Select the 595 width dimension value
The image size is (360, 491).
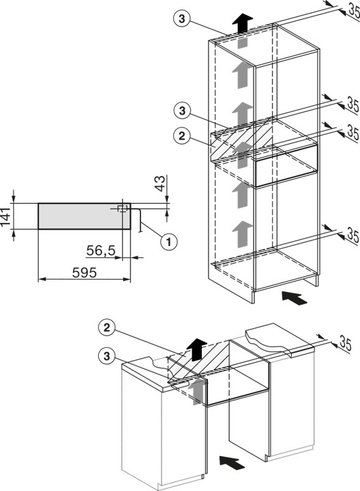(x=85, y=273)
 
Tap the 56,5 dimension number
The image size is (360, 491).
(x=101, y=250)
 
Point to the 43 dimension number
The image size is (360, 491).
(x=160, y=183)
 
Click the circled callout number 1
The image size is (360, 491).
(x=168, y=241)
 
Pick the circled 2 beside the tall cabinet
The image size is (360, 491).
(x=182, y=136)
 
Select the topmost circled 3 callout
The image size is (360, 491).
(x=182, y=19)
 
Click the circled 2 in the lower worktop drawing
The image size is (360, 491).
(x=107, y=328)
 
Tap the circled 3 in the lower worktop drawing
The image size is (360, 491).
(x=107, y=356)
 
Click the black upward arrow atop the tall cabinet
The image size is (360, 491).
(x=242, y=24)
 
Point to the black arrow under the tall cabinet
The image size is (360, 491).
(x=295, y=298)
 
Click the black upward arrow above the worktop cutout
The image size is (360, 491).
(x=196, y=349)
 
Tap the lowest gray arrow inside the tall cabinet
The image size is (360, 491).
(x=242, y=234)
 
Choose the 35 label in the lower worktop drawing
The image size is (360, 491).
(x=345, y=344)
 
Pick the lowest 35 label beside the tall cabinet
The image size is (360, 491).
(x=352, y=235)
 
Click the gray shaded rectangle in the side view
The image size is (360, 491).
(x=85, y=216)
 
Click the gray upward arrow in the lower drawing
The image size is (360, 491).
(x=196, y=391)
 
